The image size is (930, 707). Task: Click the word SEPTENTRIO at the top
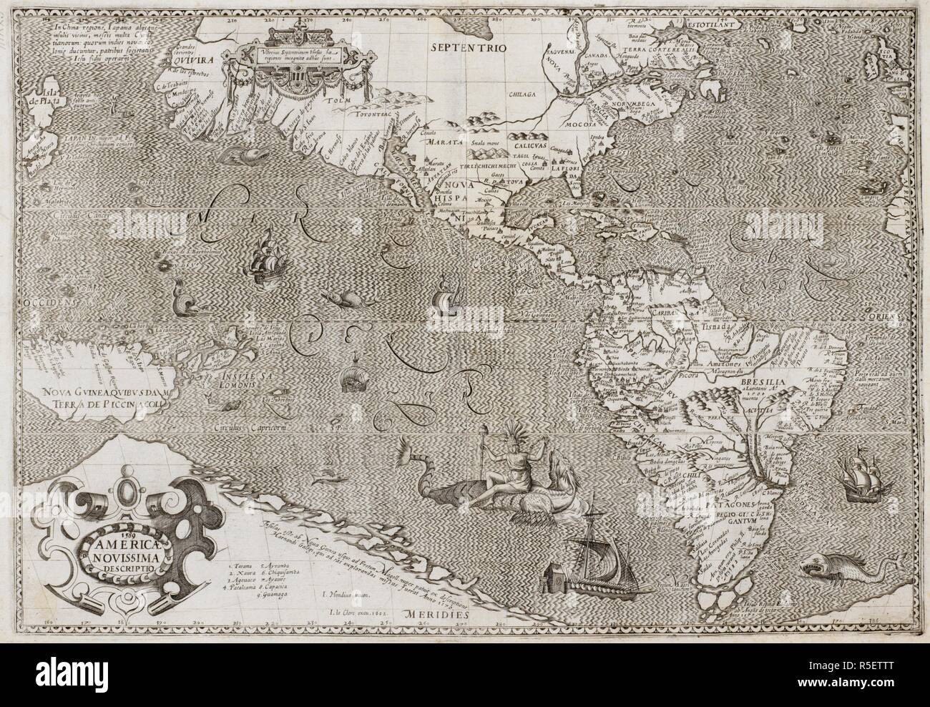tap(469, 47)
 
